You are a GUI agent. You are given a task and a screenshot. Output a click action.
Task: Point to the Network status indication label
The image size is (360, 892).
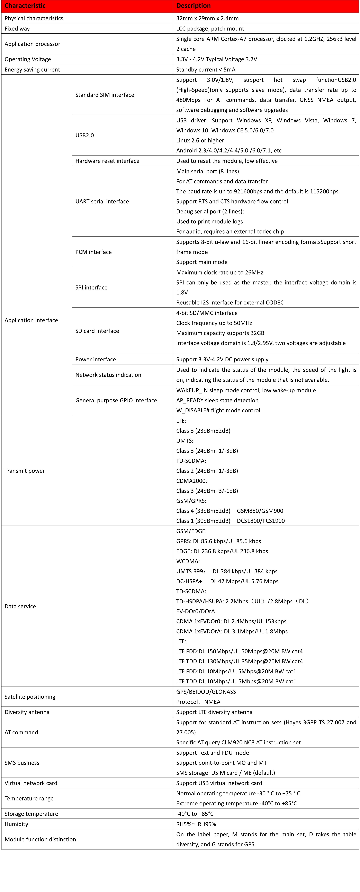click(x=108, y=375)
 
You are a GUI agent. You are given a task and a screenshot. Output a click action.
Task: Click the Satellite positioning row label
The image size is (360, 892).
click(x=30, y=697)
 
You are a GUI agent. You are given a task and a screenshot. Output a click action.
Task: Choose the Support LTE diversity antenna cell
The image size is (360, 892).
click(x=214, y=712)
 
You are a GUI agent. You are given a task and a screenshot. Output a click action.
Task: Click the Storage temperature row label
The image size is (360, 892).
click(x=31, y=814)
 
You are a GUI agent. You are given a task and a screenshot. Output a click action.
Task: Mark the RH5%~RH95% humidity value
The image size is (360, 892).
click(x=196, y=824)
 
